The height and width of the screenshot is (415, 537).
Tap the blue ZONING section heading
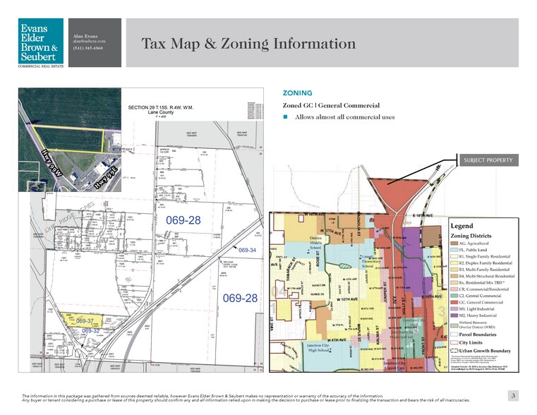(298, 92)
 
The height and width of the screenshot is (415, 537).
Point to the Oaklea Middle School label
(315, 241)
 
